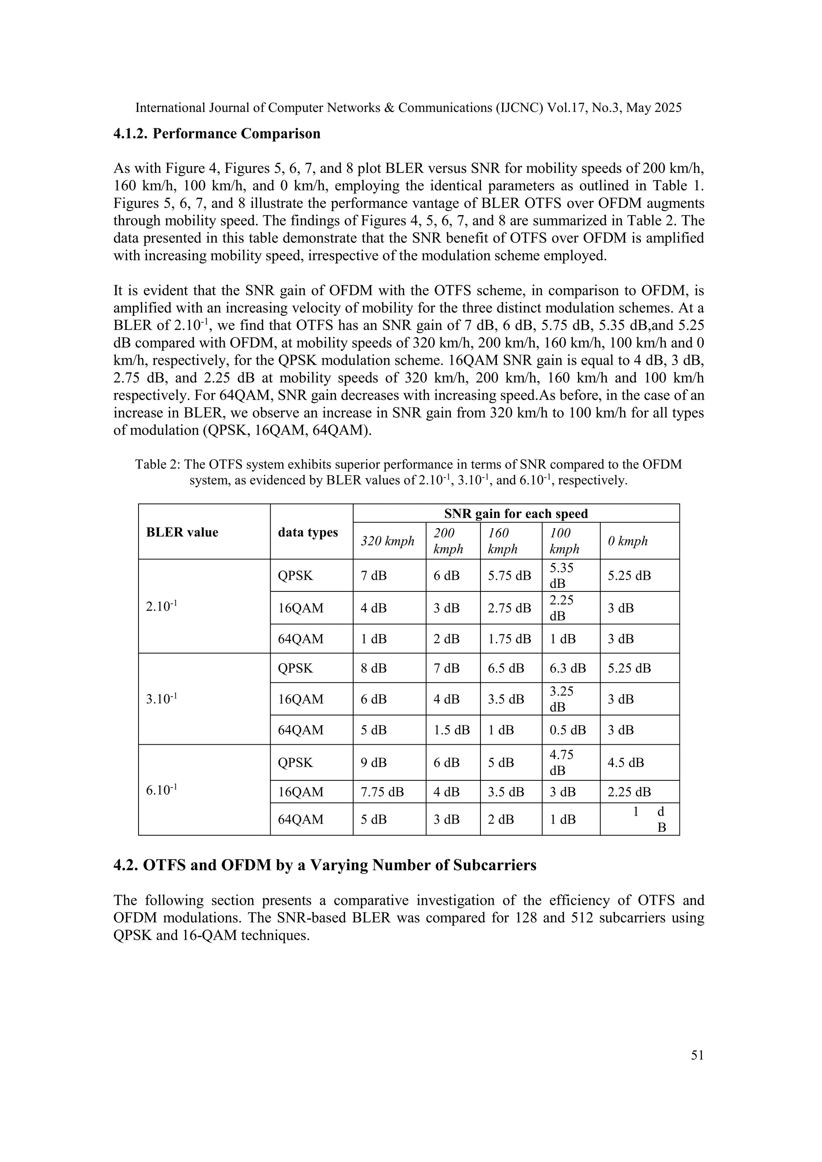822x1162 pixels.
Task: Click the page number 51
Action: tap(697, 1055)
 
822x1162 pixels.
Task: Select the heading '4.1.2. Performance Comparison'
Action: tap(217, 134)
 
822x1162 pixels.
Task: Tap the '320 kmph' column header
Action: tap(387, 540)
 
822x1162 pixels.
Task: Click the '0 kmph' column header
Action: tap(628, 540)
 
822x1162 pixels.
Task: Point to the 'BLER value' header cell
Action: tap(182, 532)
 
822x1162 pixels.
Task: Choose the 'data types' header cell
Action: tap(308, 532)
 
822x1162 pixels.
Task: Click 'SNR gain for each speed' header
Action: tap(516, 514)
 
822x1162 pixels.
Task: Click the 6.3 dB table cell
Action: tap(568, 668)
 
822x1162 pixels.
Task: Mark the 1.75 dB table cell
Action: tap(509, 639)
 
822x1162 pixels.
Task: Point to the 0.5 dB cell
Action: tap(568, 730)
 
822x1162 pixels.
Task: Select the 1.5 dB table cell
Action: tap(451, 730)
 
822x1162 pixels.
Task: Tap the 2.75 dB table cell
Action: tap(509, 608)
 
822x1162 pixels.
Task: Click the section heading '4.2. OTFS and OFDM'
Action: tap(324, 865)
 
